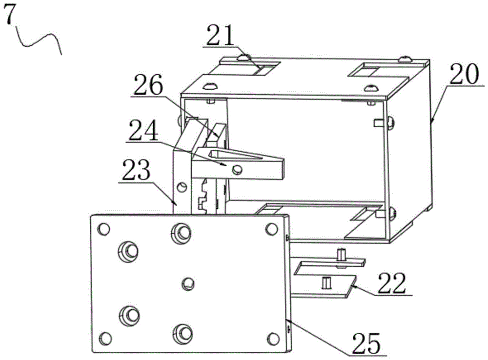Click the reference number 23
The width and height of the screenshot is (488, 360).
[x=136, y=170]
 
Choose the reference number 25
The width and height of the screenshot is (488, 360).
[x=366, y=342]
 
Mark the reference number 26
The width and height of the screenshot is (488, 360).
[x=148, y=84]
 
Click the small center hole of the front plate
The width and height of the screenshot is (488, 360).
[x=188, y=284]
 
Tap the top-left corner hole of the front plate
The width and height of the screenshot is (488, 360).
[x=103, y=229]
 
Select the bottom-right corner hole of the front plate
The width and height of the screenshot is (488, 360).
[x=273, y=338]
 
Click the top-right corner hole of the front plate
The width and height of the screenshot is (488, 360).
[x=271, y=229]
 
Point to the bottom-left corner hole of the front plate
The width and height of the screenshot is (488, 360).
[x=105, y=338]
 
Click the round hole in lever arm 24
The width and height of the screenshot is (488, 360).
[x=238, y=169]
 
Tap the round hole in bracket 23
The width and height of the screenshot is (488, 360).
[x=182, y=187]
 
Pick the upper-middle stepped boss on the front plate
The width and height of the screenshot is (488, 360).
[x=181, y=232]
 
